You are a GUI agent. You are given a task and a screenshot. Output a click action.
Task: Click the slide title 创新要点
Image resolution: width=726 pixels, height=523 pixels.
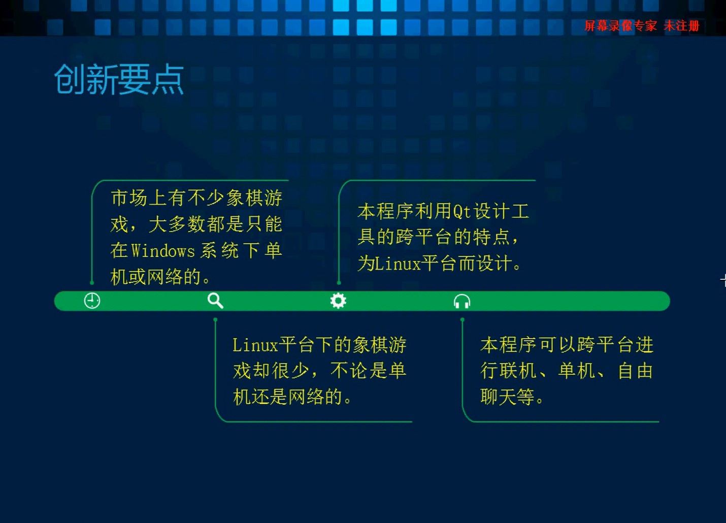pos(119,79)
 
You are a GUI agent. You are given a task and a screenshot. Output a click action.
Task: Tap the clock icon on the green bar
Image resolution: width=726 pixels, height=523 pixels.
pos(92,301)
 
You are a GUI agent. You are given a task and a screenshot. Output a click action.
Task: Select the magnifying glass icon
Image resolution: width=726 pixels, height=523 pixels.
pos(216,301)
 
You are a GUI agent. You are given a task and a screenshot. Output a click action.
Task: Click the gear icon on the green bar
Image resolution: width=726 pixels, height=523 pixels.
pos(338,301)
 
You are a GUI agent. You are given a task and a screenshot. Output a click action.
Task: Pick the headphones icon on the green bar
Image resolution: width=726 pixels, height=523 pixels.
pos(462,301)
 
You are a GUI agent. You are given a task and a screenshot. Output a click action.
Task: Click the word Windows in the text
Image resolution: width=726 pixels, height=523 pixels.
pos(163,251)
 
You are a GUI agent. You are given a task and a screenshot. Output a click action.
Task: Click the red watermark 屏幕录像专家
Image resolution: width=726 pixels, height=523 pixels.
pos(621,25)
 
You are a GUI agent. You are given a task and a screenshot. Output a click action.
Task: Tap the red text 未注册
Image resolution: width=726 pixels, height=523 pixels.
pos(681,25)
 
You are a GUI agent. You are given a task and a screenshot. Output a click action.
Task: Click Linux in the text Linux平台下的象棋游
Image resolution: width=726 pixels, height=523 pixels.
pos(255,345)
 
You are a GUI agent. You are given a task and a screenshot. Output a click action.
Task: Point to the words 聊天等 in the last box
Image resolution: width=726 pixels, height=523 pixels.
pos(508,397)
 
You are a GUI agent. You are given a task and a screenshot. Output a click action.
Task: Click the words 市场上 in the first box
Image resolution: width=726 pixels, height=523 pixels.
pos(139,198)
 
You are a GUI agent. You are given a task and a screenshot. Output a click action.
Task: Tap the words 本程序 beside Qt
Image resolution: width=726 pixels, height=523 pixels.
pos(385,211)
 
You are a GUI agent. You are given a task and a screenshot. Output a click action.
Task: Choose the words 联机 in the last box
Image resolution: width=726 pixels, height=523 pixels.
pos(518,371)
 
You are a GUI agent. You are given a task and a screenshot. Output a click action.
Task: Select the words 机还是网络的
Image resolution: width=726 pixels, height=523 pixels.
pos(288,397)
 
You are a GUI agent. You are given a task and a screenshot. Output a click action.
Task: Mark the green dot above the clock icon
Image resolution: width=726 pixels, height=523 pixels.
pos(92,283)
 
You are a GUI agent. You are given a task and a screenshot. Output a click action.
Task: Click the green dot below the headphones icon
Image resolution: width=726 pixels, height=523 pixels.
pos(462,320)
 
